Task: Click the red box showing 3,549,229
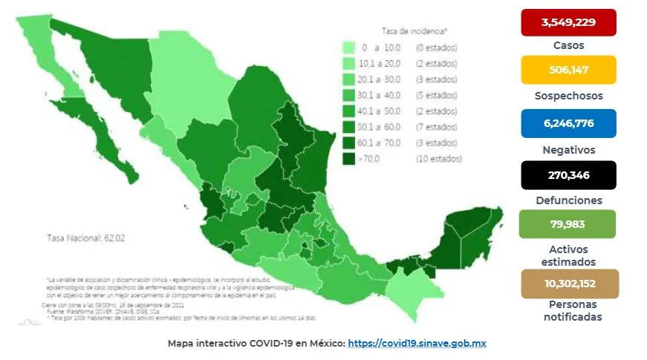point(568,22)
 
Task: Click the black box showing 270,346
point(568,175)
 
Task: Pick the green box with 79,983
point(568,223)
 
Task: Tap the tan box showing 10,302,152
point(568,284)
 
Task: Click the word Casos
point(568,45)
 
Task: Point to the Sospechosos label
point(568,96)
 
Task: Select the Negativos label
point(568,149)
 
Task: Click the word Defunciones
point(568,200)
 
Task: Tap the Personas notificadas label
point(568,311)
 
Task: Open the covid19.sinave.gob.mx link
point(417,344)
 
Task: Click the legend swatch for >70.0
point(348,159)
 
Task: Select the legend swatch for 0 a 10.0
point(348,48)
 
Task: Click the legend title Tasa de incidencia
point(414,31)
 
